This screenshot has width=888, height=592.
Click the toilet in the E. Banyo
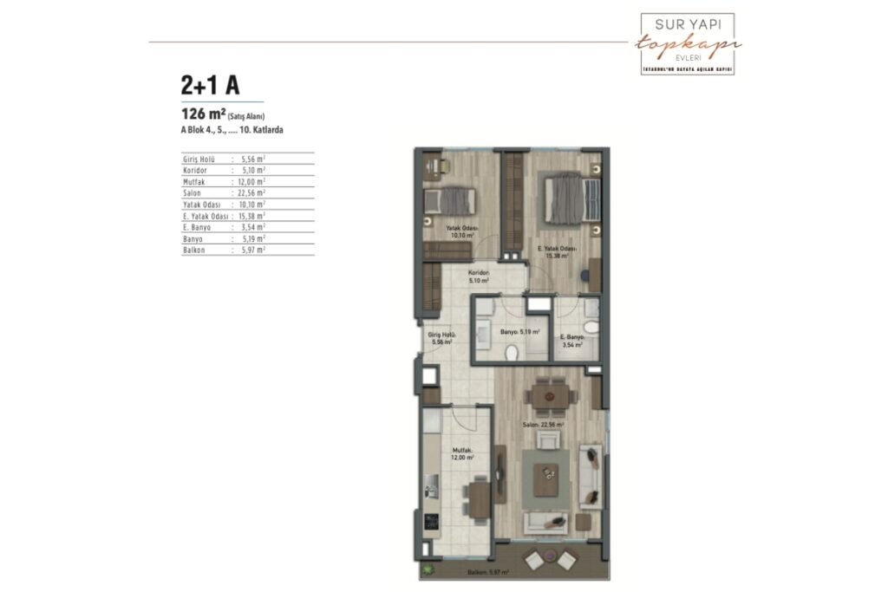(591, 328)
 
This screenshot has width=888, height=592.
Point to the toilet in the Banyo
(513, 352)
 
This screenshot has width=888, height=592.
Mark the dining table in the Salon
(548, 396)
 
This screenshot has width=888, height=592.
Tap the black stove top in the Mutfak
(431, 522)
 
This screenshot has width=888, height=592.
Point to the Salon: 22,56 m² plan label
(543, 426)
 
